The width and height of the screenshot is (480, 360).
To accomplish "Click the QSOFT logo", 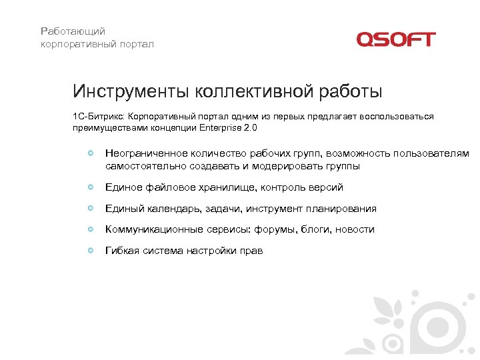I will pos(395,39).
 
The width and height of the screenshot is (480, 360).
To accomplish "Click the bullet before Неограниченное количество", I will pos(91,154).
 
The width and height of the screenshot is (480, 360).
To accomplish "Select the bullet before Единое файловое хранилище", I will pos(91,187).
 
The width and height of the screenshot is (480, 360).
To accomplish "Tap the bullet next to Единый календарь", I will pos(91,209).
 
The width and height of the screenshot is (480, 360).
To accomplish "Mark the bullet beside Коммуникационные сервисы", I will pos(91,229).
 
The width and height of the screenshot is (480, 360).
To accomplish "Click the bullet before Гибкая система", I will pos(91,251).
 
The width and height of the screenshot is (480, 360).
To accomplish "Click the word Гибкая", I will pos(123,251).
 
